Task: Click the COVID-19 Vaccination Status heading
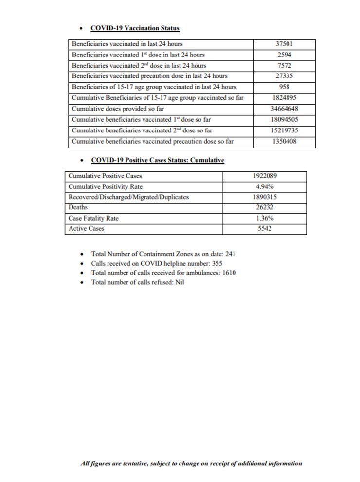coord(135,29)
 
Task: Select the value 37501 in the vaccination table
coord(284,44)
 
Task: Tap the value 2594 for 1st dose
coord(284,55)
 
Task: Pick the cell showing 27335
coord(284,76)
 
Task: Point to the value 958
coord(284,87)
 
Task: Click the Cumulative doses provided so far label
coord(118,109)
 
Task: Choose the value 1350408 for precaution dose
coord(284,142)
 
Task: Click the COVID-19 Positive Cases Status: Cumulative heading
coord(157,160)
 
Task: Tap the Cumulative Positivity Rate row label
coord(106,186)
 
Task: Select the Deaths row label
coord(78,207)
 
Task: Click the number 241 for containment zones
coord(230,254)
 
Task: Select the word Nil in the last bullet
coord(180,282)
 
